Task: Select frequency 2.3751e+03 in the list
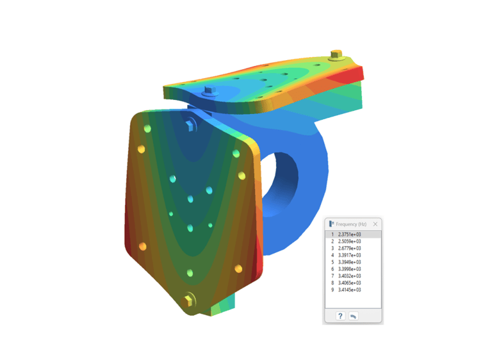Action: [349, 234]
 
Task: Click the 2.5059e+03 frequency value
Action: [349, 241]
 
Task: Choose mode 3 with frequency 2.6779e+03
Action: [349, 249]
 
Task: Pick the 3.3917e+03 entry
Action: [349, 255]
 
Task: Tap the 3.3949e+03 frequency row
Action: [349, 262]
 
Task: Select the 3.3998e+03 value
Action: [349, 269]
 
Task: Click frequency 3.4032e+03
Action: [349, 276]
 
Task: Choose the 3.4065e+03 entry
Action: [349, 282]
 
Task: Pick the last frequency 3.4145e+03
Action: [349, 290]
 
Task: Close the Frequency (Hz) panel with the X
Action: [375, 224]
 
